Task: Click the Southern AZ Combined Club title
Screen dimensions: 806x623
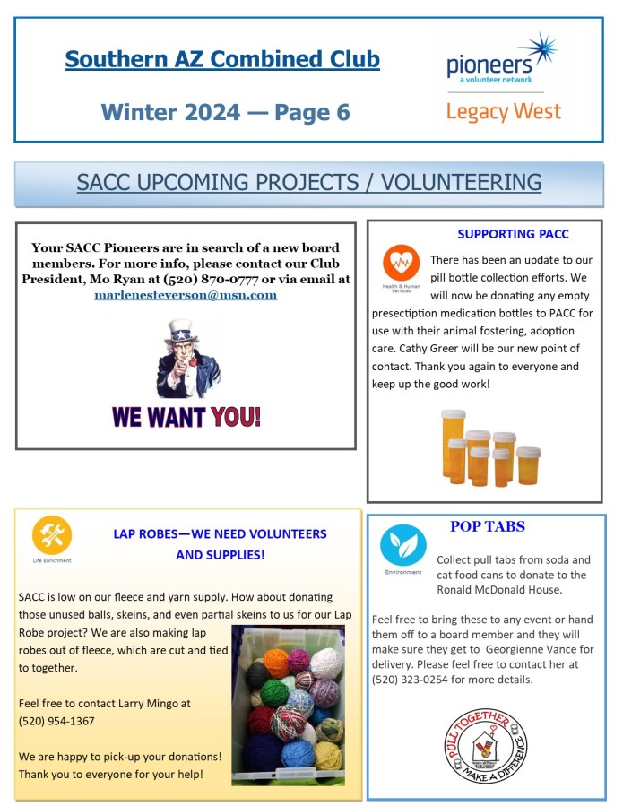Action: click(222, 60)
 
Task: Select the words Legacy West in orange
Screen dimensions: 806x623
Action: click(503, 112)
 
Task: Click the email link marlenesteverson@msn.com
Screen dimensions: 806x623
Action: click(186, 295)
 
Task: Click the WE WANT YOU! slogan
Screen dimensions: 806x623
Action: click(186, 417)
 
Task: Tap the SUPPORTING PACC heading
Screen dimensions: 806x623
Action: click(513, 235)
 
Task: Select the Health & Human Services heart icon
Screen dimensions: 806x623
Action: click(400, 263)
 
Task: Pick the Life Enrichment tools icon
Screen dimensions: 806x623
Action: click(51, 535)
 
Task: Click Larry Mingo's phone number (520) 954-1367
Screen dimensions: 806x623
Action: click(56, 721)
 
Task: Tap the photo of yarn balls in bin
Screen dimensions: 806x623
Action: click(287, 706)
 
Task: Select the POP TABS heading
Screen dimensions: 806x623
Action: click(488, 527)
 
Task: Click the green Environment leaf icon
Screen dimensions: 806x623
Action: click(402, 545)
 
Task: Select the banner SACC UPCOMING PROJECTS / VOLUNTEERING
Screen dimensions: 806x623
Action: click(308, 182)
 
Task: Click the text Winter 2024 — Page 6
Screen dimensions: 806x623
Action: click(225, 112)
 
